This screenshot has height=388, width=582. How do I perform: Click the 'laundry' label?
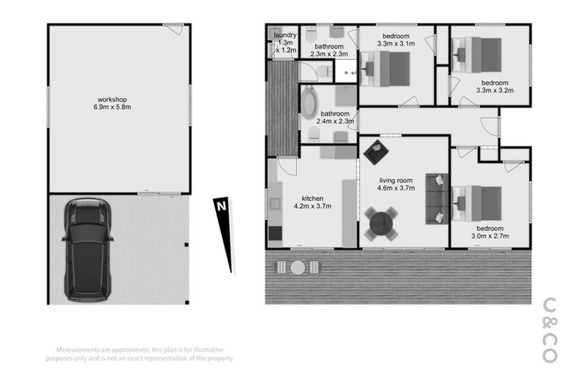(x=285, y=35)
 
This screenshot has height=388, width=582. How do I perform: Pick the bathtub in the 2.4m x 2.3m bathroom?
(x=310, y=104)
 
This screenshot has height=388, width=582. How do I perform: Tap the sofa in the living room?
(x=436, y=199)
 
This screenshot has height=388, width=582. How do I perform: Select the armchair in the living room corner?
(x=374, y=153)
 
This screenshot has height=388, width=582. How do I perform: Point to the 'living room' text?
(x=396, y=180)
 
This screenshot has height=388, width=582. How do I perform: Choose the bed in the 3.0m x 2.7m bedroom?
(x=479, y=203)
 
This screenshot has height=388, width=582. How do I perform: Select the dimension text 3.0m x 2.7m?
(x=490, y=236)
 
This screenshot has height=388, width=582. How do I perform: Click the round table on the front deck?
(x=298, y=268)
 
